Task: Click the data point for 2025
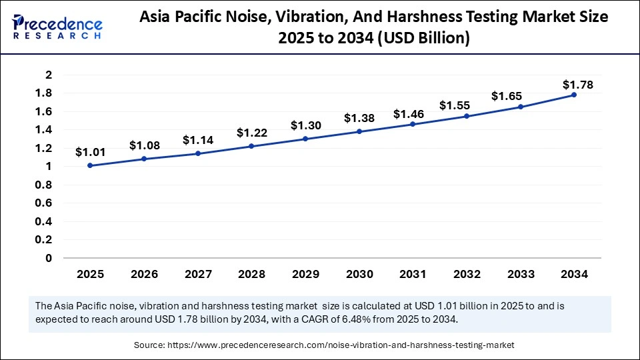click(90, 165)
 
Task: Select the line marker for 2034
click(574, 95)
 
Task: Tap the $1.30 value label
click(305, 125)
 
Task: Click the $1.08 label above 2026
click(143, 145)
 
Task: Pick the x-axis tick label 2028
click(251, 274)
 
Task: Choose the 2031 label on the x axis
click(413, 274)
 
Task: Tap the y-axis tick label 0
click(49, 258)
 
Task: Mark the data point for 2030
click(359, 131)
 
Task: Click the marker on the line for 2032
click(467, 116)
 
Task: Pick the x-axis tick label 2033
click(520, 274)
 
